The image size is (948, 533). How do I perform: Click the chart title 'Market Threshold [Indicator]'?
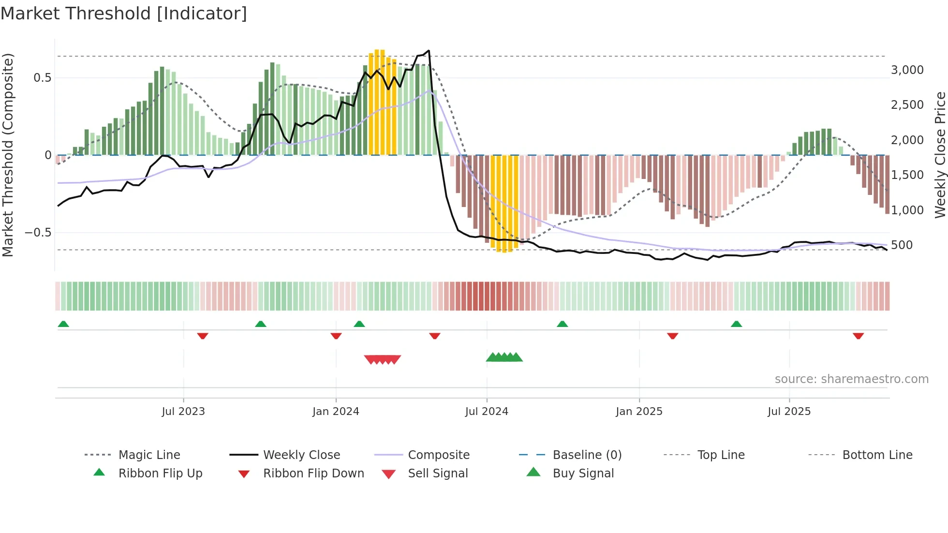click(x=124, y=14)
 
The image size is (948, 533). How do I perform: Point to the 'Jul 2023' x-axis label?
click(x=183, y=412)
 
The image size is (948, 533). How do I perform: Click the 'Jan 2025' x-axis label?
click(x=639, y=412)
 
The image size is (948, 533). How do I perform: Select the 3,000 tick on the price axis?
click(x=907, y=70)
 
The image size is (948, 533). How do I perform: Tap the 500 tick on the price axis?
click(x=902, y=245)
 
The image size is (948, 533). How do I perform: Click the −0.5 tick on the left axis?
click(x=38, y=233)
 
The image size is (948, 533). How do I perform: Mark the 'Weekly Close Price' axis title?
click(x=940, y=155)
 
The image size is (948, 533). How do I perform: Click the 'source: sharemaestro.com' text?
click(x=851, y=379)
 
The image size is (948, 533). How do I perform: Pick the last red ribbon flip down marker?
click(x=859, y=336)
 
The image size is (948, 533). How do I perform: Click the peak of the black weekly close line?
click(x=429, y=50)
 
